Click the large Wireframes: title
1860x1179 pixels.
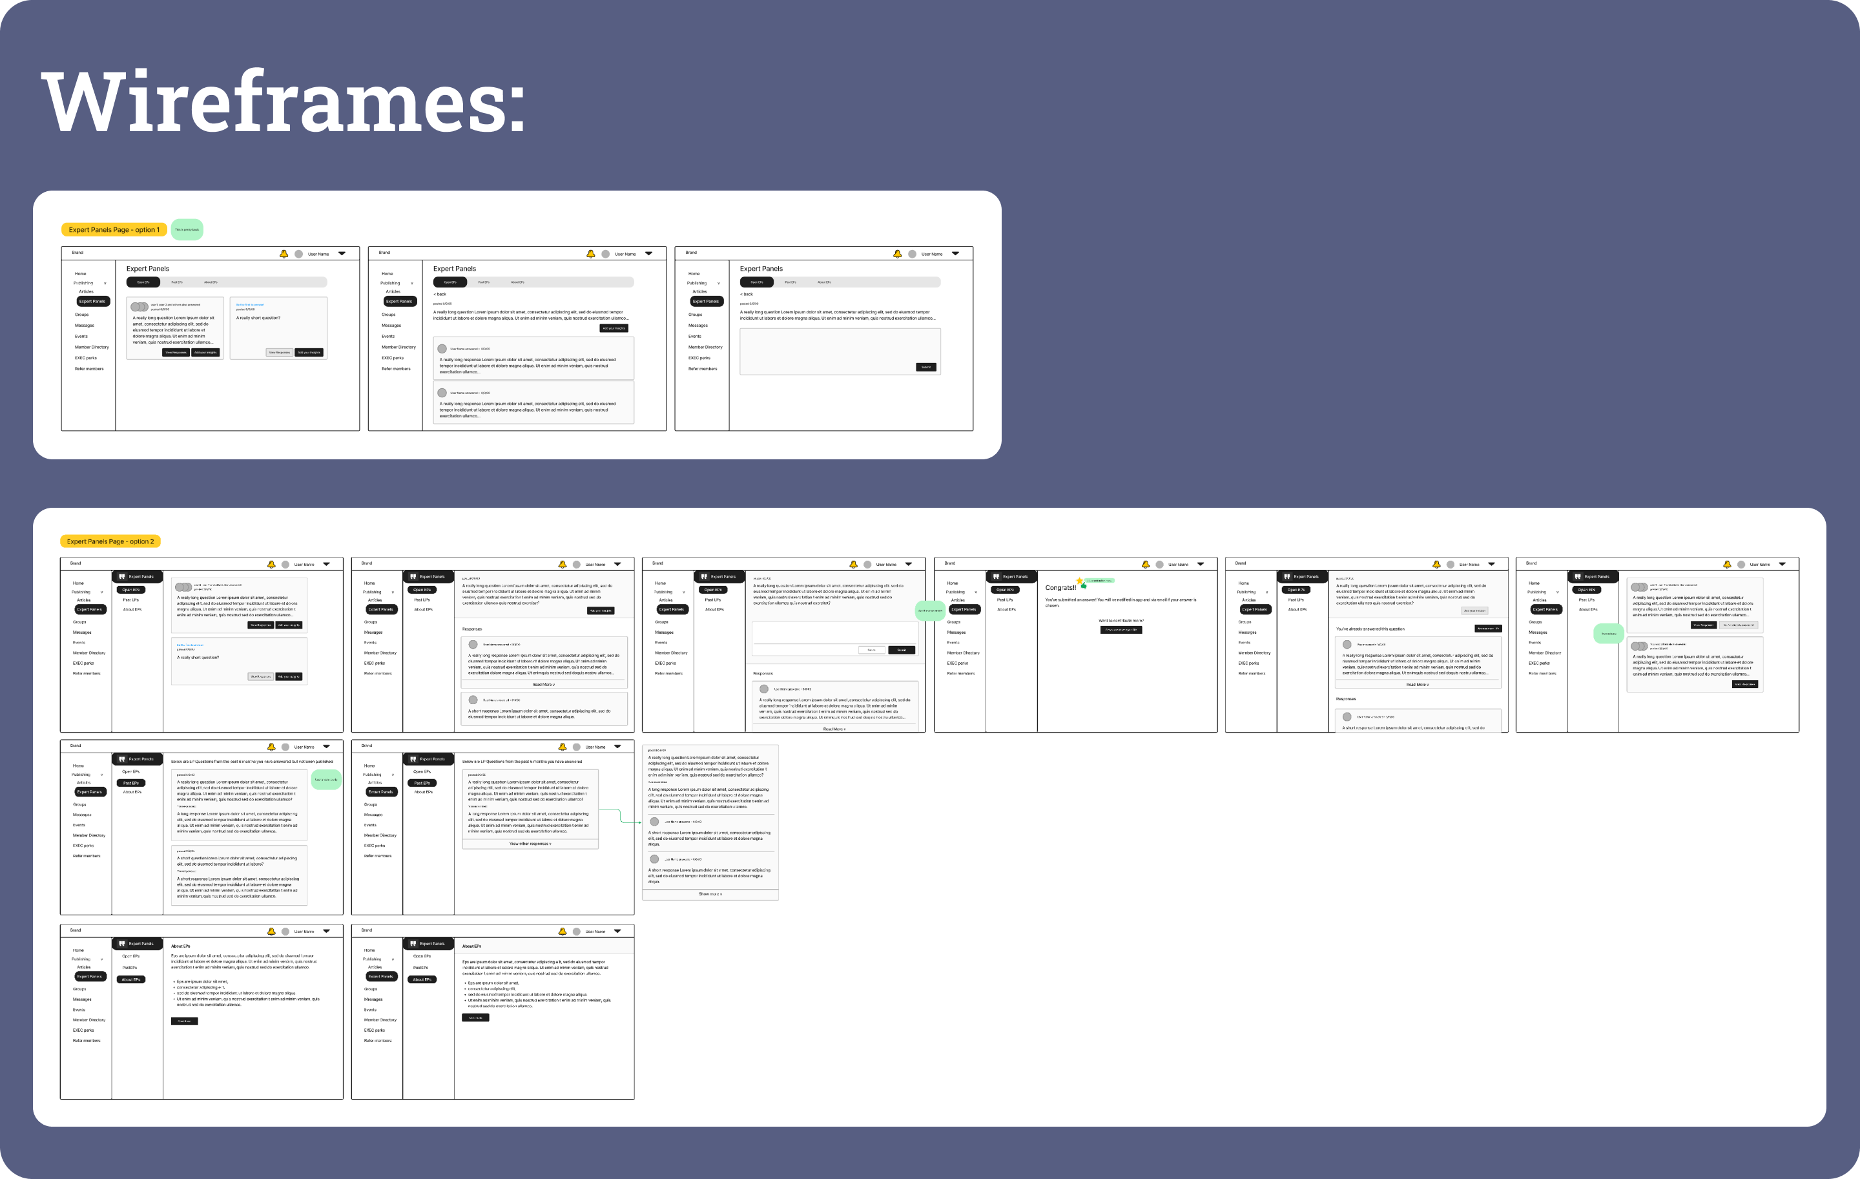283,102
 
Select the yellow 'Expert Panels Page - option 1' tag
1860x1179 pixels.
114,229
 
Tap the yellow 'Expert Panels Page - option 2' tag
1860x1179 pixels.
110,541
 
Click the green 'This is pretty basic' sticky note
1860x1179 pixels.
187,229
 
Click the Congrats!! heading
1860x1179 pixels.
1060,588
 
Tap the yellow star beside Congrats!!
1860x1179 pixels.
1079,581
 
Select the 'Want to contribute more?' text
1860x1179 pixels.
1121,620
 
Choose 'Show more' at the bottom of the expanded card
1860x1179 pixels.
710,894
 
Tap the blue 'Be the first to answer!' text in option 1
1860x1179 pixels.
249,304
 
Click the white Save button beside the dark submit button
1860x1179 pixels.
871,650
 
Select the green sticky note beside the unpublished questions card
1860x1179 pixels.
326,780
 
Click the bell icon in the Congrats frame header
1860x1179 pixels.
1146,565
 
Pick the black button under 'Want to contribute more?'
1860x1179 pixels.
1121,630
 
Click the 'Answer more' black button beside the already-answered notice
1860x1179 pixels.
1488,629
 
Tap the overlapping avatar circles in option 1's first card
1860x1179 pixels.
139,307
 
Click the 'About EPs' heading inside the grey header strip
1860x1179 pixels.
471,946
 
